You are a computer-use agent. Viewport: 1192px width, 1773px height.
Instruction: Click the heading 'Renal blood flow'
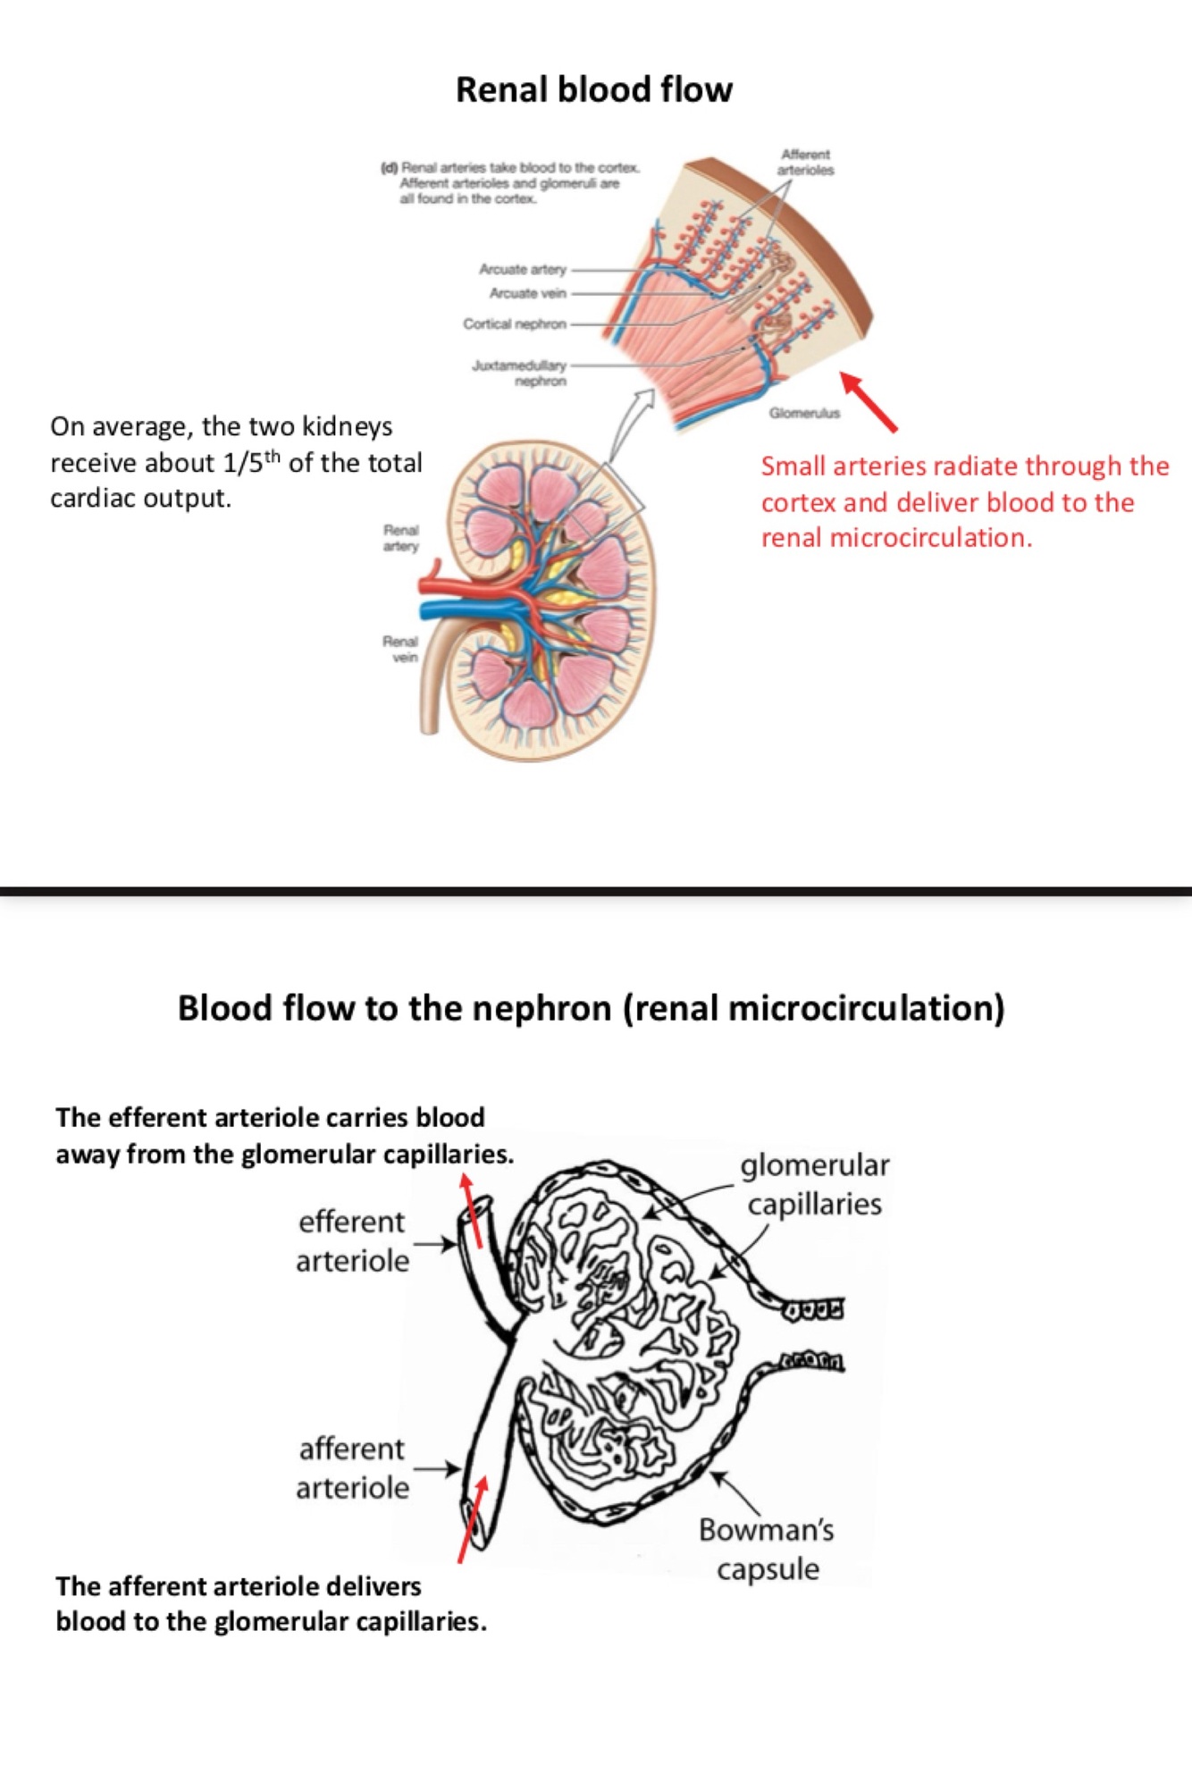[x=594, y=89]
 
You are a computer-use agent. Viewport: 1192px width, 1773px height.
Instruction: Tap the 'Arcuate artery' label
[x=523, y=269]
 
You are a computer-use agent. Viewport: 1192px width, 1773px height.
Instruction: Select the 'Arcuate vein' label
[x=527, y=293]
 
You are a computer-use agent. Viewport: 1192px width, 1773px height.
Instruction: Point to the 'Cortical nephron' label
[x=515, y=324]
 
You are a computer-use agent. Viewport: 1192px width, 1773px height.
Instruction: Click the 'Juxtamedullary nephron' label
[x=520, y=373]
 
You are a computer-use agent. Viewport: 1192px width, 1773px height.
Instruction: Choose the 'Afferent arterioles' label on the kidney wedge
[x=805, y=162]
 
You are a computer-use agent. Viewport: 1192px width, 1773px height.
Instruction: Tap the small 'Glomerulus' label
[x=804, y=413]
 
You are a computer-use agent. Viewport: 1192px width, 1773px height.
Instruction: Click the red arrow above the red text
[x=869, y=402]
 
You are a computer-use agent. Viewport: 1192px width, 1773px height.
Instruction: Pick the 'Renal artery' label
[x=401, y=538]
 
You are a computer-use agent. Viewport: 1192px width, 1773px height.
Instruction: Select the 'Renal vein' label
[x=401, y=649]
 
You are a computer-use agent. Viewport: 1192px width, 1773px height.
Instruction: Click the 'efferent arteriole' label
[x=352, y=1241]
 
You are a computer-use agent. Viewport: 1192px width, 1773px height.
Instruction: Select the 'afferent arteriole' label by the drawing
[x=352, y=1468]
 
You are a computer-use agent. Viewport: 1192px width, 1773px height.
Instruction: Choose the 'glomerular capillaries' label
[x=814, y=1184]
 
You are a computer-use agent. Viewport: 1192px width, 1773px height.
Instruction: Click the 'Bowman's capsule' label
[x=767, y=1549]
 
